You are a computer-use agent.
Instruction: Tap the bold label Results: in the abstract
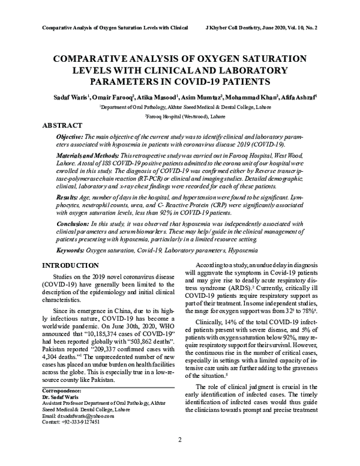click(61, 196)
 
